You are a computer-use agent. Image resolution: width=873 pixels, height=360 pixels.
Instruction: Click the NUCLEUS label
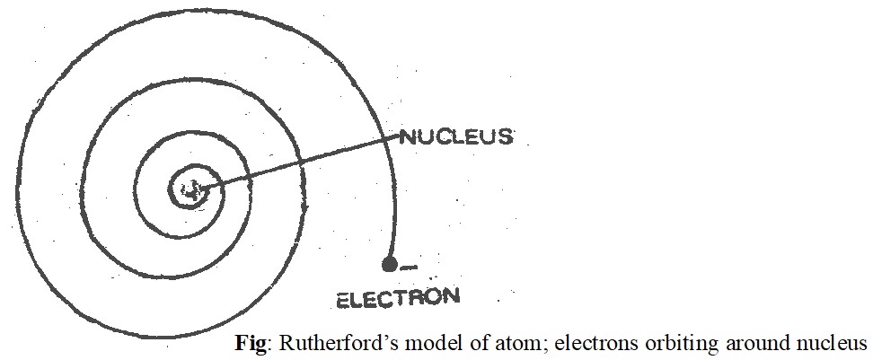click(x=456, y=137)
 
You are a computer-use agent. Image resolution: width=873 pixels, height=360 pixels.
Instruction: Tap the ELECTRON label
click(x=397, y=296)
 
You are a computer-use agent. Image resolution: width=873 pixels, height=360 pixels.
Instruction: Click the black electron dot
click(x=389, y=264)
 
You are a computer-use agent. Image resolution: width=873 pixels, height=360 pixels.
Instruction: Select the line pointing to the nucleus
click(x=296, y=162)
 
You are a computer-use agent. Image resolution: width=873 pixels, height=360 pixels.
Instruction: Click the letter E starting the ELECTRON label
click(x=342, y=299)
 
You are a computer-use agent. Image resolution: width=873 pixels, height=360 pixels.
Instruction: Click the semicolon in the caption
click(x=489, y=345)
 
